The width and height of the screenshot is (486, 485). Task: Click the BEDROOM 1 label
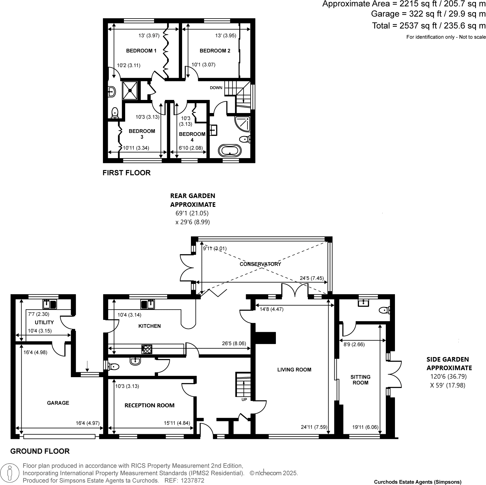(x=141, y=51)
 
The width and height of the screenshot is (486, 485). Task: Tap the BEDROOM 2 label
(x=215, y=51)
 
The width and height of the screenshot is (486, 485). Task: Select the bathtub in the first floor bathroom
(x=230, y=150)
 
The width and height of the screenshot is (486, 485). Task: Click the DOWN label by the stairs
(x=216, y=88)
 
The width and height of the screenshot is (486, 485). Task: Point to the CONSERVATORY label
(x=260, y=264)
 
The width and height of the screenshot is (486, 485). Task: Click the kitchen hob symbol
(x=147, y=349)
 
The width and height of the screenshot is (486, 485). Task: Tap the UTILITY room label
(x=44, y=322)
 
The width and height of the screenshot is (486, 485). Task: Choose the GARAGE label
(x=58, y=403)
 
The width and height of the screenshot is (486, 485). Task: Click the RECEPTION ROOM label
(x=150, y=405)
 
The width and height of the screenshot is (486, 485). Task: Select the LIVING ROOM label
(x=294, y=370)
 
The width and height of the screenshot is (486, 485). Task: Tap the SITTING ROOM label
(x=360, y=380)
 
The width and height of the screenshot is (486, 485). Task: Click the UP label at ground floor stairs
(x=244, y=399)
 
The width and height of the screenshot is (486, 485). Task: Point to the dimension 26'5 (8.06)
(x=234, y=343)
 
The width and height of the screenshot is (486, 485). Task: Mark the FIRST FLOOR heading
(x=126, y=173)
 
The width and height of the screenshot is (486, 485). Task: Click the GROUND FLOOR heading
(x=40, y=451)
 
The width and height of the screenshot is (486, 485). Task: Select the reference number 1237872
(x=193, y=480)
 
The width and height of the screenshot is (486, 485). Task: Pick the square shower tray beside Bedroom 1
(x=130, y=90)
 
